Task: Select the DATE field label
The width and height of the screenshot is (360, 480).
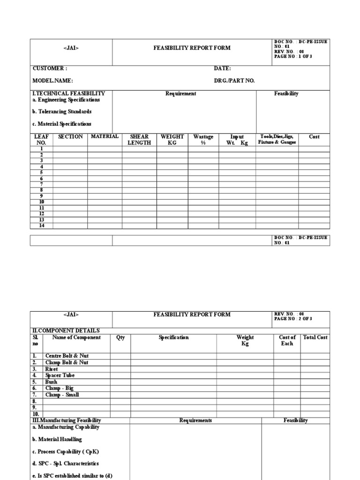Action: coord(222,68)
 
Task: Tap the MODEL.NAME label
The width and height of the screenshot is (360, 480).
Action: coord(52,81)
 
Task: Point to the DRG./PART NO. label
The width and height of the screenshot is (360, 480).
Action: coord(234,81)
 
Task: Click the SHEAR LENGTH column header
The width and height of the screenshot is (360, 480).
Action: coord(139,140)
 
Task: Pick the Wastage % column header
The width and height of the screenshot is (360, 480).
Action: coord(203,140)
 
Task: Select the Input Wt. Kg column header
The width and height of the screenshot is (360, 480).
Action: coord(237,140)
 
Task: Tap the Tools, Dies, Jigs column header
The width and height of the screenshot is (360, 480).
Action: coord(277,139)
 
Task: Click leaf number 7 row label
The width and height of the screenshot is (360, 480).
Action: coord(41,184)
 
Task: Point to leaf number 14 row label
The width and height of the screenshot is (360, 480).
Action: coord(41,225)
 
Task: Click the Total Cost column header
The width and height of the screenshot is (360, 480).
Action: coord(315,337)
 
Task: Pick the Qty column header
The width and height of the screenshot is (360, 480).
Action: coord(120,337)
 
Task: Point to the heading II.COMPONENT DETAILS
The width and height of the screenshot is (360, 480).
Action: coord(65,330)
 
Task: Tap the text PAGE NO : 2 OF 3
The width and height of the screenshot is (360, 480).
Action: coord(293,319)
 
